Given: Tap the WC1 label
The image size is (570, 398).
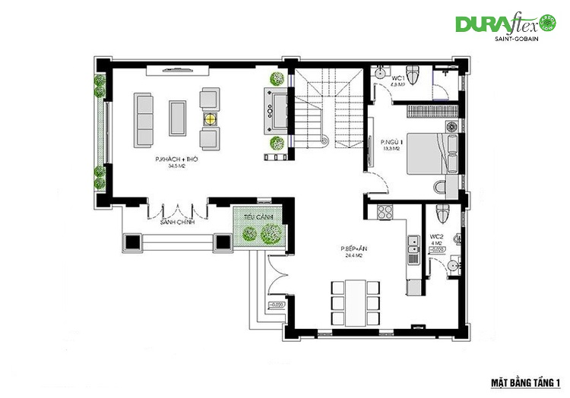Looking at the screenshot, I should pyautogui.click(x=397, y=78).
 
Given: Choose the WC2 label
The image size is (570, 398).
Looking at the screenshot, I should pyautogui.click(x=436, y=236).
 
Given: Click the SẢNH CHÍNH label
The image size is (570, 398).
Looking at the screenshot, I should pyautogui.click(x=178, y=223).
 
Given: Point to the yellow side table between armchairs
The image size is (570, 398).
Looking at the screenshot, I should pyautogui.click(x=209, y=118).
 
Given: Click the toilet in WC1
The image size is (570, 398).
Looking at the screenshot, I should pyautogui.click(x=412, y=75).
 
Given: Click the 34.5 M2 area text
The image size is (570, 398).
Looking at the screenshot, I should pyautogui.click(x=177, y=166).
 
